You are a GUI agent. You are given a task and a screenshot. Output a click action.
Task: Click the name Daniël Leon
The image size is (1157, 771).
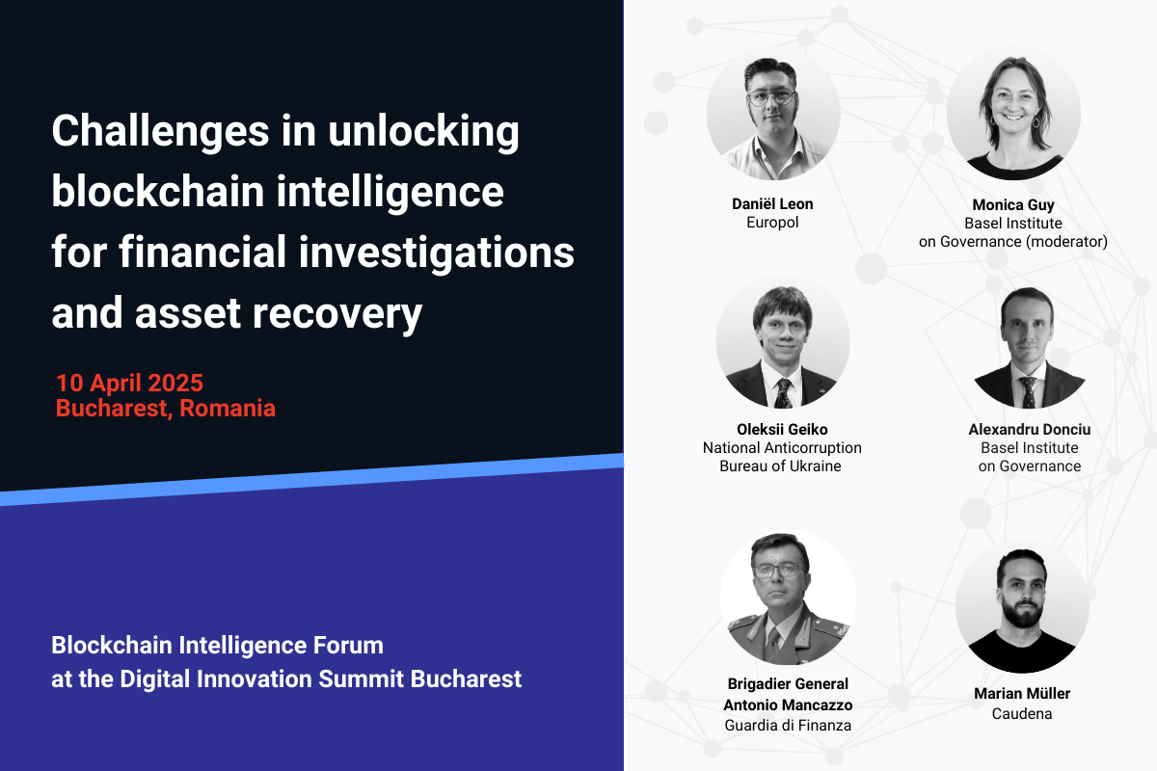(x=773, y=204)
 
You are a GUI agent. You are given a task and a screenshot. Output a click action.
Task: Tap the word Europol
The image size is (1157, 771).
(x=773, y=223)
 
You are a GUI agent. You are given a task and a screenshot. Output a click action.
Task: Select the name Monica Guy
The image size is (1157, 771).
(x=1013, y=205)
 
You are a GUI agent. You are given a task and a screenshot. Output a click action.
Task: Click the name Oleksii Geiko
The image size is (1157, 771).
(x=782, y=430)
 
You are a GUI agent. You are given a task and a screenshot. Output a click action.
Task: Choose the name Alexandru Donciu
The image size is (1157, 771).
(x=1030, y=430)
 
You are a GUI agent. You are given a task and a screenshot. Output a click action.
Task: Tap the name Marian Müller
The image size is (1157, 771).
(x=1022, y=694)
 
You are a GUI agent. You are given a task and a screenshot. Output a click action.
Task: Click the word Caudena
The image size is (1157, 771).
(x=1022, y=714)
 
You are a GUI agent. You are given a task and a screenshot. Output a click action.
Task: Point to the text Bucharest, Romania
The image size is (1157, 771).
(x=166, y=408)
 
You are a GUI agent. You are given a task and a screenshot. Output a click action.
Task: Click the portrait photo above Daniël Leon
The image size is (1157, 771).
(x=773, y=116)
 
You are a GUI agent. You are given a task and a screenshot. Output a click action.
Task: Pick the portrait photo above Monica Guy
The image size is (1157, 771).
(x=1013, y=114)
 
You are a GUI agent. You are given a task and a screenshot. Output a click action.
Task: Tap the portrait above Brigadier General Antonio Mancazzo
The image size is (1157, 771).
(x=788, y=598)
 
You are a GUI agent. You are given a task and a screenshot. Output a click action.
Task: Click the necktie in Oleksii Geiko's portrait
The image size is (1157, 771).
(x=783, y=393)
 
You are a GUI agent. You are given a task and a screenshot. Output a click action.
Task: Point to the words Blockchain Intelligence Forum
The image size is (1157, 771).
(x=217, y=645)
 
